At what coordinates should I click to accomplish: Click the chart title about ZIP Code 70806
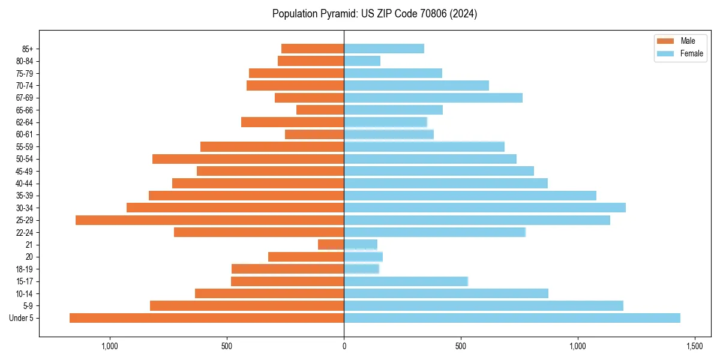pyautogui.click(x=374, y=14)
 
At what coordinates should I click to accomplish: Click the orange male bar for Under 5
pyautogui.click(x=206, y=318)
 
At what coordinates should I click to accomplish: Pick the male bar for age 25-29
pyautogui.click(x=209, y=220)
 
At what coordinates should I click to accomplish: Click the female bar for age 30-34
pyautogui.click(x=485, y=208)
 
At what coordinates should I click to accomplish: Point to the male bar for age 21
pyautogui.click(x=331, y=245)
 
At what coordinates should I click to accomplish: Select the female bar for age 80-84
pyautogui.click(x=362, y=61)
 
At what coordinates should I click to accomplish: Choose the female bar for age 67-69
pyautogui.click(x=433, y=98)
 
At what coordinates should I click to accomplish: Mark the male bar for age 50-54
pyautogui.click(x=248, y=159)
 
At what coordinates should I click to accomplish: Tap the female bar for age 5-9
pyautogui.click(x=484, y=306)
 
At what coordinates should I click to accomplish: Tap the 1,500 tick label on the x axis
pyautogui.click(x=694, y=346)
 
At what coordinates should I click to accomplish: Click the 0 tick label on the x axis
pyautogui.click(x=344, y=346)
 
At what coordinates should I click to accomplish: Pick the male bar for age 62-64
pyautogui.click(x=292, y=122)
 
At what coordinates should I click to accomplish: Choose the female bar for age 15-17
pyautogui.click(x=406, y=281)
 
